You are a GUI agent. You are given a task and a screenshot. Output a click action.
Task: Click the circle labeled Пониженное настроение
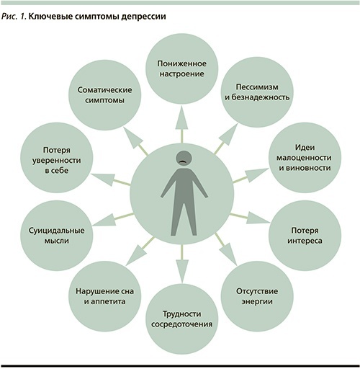pos(182,69)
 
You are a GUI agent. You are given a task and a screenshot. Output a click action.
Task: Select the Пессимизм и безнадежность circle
pos(257,94)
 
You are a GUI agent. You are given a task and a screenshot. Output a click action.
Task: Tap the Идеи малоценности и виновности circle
pos(305,157)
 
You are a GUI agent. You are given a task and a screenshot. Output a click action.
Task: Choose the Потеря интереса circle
pos(305,236)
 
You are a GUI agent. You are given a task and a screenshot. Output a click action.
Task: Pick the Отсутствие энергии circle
pos(257,296)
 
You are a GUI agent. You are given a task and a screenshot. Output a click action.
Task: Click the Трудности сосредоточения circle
pos(182,319)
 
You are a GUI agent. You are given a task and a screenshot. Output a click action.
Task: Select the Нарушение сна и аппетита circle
pos(105,296)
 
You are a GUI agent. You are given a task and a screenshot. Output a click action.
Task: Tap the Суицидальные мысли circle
pos(57,236)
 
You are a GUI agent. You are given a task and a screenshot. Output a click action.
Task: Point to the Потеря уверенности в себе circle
pos(57,157)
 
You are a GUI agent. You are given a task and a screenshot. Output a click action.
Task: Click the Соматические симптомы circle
pos(105,95)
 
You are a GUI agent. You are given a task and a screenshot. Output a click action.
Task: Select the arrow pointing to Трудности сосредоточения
pos(181,263)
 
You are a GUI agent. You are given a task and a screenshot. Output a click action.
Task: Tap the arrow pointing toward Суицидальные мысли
pos(112,219)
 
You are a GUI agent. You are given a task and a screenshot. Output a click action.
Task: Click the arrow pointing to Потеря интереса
pos(250,218)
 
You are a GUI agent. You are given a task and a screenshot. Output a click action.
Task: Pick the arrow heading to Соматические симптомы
pos(135,141)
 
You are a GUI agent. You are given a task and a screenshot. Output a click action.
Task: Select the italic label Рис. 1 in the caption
pos(14,17)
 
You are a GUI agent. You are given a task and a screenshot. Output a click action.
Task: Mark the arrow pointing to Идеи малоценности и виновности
pos(251,175)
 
